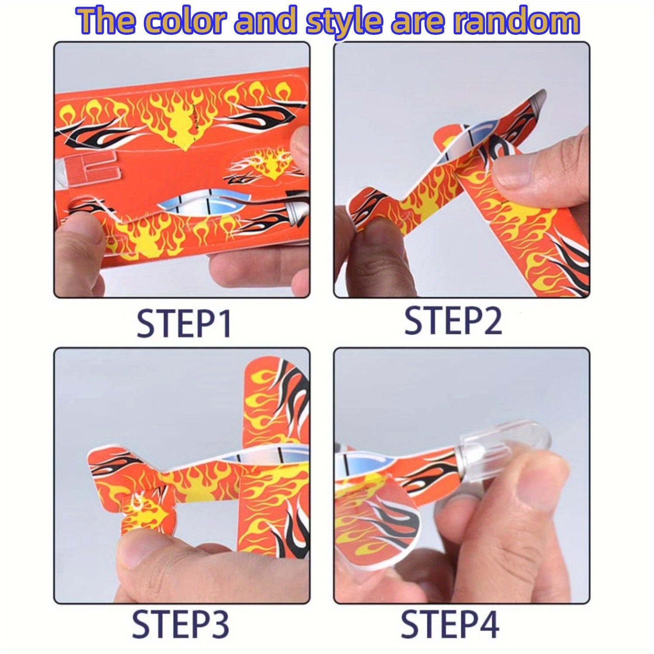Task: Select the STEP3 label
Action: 180,624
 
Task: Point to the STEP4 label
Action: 450,624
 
